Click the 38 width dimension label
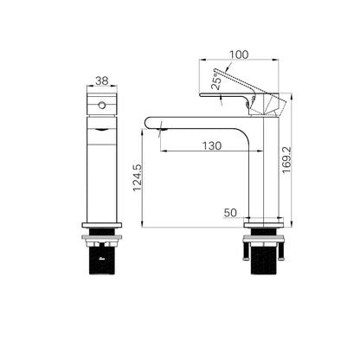[102, 81]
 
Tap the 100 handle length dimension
[239, 55]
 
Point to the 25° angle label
[217, 80]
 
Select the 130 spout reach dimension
[212, 146]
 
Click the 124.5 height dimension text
[138, 177]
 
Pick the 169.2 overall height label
[287, 160]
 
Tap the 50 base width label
[230, 213]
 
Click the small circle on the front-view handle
[102, 105]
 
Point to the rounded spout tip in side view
[148, 122]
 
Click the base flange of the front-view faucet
[102, 225]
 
